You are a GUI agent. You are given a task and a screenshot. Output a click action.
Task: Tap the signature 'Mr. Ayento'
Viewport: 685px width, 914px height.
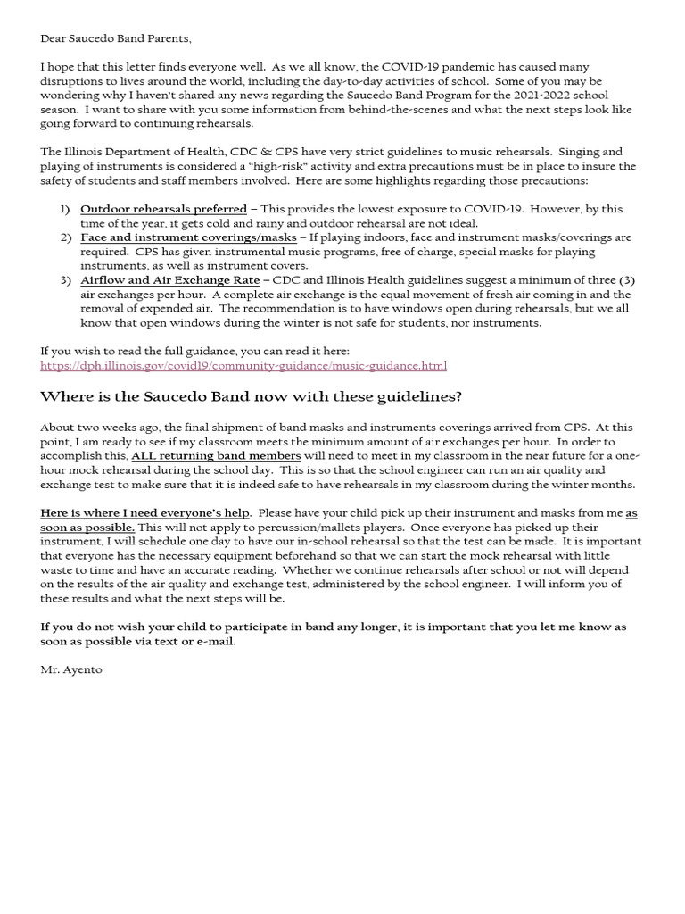71,669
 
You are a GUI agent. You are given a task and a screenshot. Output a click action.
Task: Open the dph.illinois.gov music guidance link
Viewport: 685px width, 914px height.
243,366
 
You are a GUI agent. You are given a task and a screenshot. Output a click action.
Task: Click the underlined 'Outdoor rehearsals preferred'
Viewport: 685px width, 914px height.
163,209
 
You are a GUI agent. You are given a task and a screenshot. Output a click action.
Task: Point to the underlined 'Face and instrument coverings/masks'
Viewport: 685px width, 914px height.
187,237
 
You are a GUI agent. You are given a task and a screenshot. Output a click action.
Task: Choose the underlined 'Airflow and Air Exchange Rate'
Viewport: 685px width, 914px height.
169,280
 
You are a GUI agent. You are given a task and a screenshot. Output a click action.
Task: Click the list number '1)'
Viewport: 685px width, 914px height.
65,209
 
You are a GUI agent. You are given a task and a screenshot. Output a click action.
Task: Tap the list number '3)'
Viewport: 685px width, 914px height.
65,280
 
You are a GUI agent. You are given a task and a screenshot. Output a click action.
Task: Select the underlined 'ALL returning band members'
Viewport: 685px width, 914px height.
216,456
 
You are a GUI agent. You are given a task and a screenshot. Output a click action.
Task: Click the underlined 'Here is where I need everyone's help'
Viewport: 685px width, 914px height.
145,513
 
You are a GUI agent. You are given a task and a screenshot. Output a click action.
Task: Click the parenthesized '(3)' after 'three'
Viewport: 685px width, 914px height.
625,280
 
